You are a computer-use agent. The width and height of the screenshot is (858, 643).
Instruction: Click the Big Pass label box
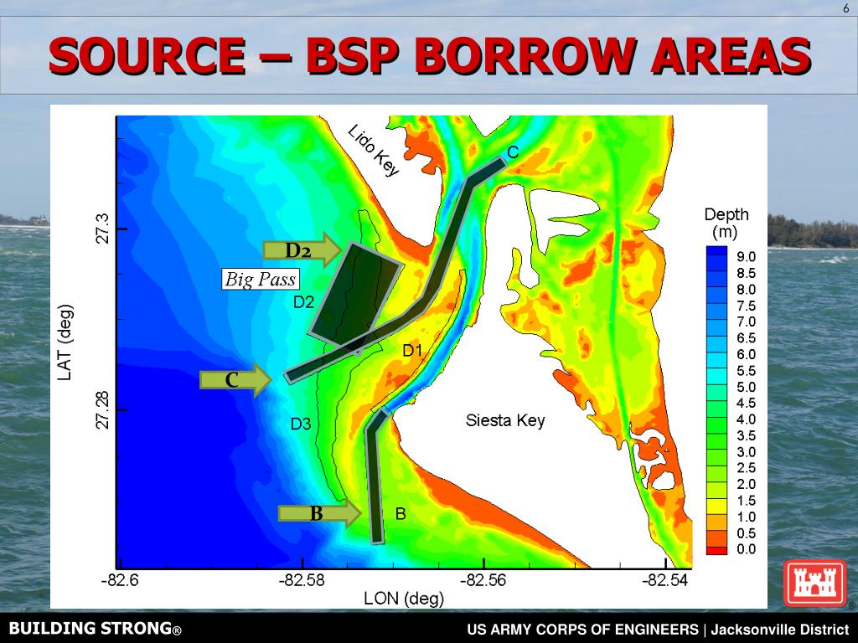click(x=261, y=279)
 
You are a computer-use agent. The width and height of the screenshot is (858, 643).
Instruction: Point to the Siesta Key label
click(x=505, y=420)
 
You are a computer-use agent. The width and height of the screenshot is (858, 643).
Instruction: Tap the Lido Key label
click(x=374, y=151)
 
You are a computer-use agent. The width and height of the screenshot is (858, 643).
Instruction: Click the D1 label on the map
click(x=412, y=351)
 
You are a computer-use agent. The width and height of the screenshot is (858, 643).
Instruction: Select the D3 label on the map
click(x=301, y=424)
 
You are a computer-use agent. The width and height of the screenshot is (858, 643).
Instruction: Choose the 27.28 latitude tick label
click(x=101, y=409)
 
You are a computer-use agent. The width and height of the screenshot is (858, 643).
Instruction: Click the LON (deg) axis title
click(x=404, y=599)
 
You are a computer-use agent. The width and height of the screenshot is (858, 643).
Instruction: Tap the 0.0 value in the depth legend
click(x=746, y=549)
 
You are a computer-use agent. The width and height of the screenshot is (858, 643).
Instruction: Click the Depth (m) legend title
click(x=726, y=223)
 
